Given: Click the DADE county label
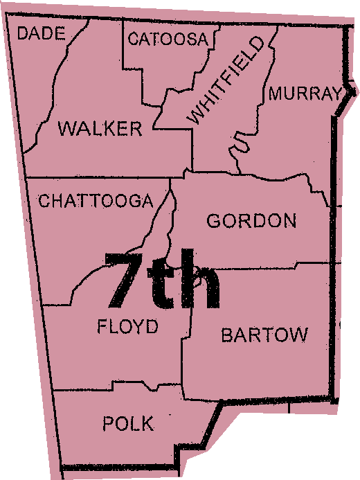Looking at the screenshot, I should click(x=41, y=33).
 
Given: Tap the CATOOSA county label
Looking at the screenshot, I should click(x=168, y=39).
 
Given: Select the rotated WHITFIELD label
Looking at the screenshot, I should click(x=226, y=81).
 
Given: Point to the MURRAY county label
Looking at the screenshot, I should click(x=305, y=94).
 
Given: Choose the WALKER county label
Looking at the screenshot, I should click(x=100, y=128).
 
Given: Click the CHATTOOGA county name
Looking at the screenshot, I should click(x=96, y=201).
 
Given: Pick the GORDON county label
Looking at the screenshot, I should click(x=252, y=221).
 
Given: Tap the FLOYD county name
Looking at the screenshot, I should click(x=128, y=326).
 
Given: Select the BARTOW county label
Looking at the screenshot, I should click(x=264, y=335).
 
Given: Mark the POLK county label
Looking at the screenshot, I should click(x=128, y=423).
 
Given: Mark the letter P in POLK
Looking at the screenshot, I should click(x=108, y=423).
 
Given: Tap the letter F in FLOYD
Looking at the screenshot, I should click(x=103, y=326).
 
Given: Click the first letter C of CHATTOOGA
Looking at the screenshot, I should click(x=44, y=201).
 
